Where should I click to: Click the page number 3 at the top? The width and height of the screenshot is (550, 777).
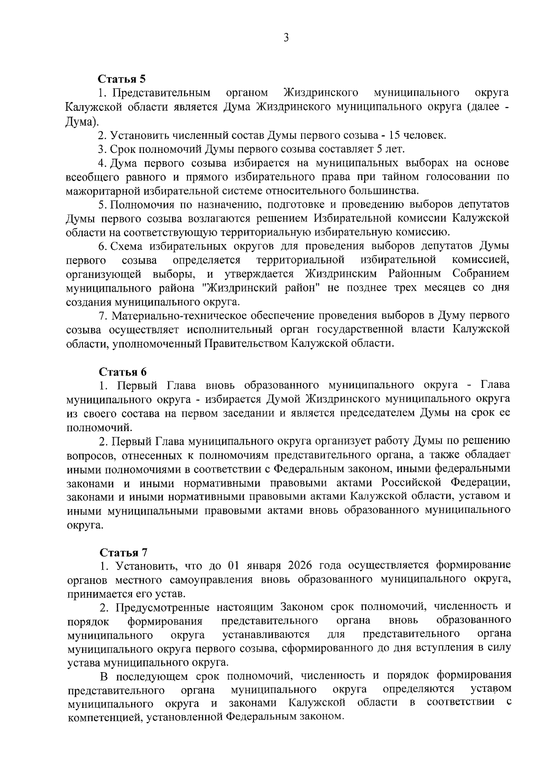pyautogui.click(x=286, y=38)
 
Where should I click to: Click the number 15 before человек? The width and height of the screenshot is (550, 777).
pyautogui.click(x=394, y=136)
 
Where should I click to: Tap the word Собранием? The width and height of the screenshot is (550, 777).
pyautogui.click(x=480, y=274)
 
